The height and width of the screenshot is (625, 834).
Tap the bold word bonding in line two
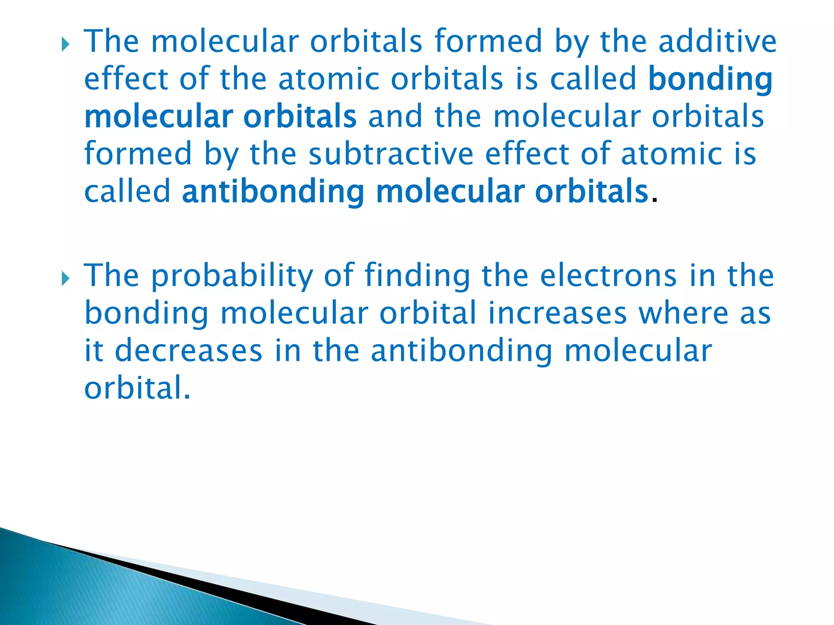tap(710, 80)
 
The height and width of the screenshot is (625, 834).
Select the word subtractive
tap(391, 155)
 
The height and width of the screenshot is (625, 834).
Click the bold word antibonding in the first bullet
tap(273, 192)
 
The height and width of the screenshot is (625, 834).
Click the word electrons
tap(608, 276)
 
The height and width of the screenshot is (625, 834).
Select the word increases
tap(557, 313)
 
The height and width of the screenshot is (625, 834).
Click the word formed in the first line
tap(488, 42)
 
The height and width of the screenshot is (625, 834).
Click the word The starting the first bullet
tap(111, 42)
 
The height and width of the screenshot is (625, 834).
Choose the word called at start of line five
tap(127, 192)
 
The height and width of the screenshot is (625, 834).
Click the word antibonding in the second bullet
tap(461, 351)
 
